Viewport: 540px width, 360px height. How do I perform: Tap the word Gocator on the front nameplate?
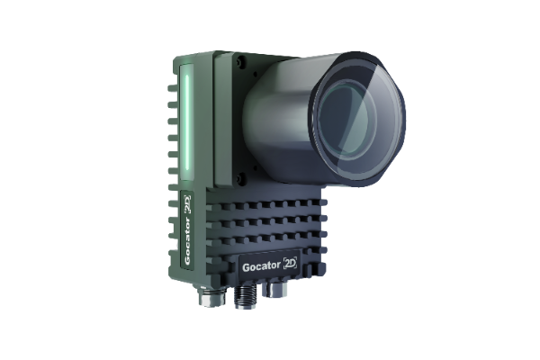pos(261,266)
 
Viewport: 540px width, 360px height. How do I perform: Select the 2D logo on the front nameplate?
pos(290,264)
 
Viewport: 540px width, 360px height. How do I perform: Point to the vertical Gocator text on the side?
pos(187,241)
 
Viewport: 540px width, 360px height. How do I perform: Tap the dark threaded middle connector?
pos(245,297)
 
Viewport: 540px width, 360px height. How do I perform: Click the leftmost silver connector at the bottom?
pos(212,296)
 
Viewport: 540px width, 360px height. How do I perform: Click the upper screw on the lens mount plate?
pos(240,61)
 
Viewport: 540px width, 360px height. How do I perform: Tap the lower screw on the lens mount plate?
pos(241,178)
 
